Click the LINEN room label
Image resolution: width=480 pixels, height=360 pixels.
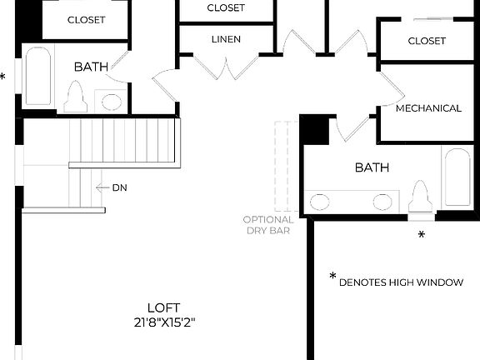click(226, 39)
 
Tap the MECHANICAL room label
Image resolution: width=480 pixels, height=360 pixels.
click(428, 108)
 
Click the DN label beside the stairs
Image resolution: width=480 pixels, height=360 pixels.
click(120, 187)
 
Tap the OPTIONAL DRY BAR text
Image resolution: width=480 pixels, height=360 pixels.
click(267, 225)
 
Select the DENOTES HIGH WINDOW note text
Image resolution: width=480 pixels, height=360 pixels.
click(401, 282)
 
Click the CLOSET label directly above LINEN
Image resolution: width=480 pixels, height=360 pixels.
click(226, 7)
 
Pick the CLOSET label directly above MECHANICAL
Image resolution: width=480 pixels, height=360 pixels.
click(427, 41)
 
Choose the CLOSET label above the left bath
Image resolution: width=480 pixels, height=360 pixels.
click(86, 19)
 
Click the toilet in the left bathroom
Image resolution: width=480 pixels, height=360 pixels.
click(77, 97)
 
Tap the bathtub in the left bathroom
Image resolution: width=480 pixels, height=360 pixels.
click(38, 76)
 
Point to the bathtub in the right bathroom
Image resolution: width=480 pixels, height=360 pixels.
click(457, 177)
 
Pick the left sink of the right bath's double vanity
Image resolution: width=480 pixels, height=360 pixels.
click(320, 201)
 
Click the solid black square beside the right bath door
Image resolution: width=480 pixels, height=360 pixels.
click(314, 129)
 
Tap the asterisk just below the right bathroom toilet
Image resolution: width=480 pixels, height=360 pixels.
click(421, 236)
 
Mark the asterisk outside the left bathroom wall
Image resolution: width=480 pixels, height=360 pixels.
click(3, 77)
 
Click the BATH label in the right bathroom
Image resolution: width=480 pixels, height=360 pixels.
click(372, 167)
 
